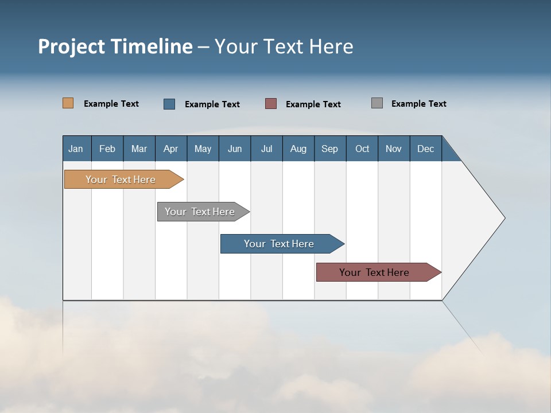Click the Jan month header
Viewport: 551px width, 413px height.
coord(76,149)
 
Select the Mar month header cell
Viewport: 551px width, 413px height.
coord(139,149)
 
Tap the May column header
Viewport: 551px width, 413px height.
coord(203,149)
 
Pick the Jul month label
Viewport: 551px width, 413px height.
coord(266,149)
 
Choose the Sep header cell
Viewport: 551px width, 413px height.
coord(329,149)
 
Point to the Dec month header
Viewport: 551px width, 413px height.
coord(425,149)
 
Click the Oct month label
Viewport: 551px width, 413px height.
coord(362,149)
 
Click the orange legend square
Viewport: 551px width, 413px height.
coord(68,103)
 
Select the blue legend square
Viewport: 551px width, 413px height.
coord(169,104)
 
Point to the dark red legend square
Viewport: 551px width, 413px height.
coord(271,104)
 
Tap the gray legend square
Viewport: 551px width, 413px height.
coord(377,103)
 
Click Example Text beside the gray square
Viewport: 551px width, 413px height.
coord(418,104)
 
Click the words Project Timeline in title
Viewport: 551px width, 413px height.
coord(115,46)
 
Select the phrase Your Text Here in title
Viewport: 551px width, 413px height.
coord(284,46)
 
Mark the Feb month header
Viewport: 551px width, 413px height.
coord(107,149)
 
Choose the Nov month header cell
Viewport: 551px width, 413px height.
coord(394,149)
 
